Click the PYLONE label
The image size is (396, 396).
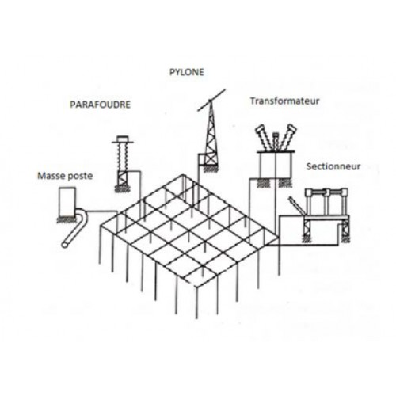[187, 72]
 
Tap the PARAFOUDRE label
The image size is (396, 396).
[100, 105]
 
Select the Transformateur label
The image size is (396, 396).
[285, 101]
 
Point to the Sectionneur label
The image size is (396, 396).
[333, 166]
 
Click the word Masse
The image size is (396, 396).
[51, 176]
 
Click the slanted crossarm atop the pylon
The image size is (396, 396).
[211, 100]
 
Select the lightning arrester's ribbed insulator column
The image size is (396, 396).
[123, 157]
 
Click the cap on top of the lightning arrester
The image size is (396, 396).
[123, 139]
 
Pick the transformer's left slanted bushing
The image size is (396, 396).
[265, 138]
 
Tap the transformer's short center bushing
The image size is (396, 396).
[276, 142]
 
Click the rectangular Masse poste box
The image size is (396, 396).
[67, 201]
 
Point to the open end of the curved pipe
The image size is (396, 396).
[64, 245]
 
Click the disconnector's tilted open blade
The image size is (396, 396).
[297, 205]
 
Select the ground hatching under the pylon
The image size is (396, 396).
[211, 169]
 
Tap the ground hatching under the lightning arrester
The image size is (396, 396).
[123, 189]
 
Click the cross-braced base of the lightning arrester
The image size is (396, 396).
[123, 178]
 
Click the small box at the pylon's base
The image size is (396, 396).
[201, 159]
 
